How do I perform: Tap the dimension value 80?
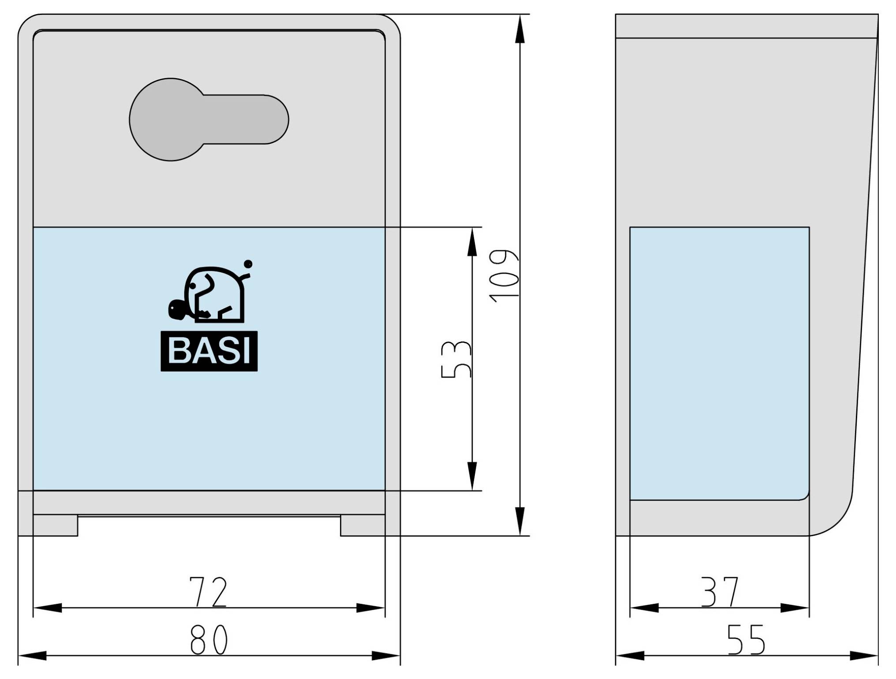pos(209,640)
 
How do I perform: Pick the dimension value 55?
pos(746,640)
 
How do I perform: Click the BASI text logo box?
pos(209,351)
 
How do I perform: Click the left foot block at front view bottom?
pos(56,525)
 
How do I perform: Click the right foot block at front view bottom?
pos(362,525)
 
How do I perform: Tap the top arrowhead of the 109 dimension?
pos(520,29)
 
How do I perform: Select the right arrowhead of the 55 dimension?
pos(864,656)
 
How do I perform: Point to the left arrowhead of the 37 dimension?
pos(644,608)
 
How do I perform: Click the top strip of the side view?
pos(745,26)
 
